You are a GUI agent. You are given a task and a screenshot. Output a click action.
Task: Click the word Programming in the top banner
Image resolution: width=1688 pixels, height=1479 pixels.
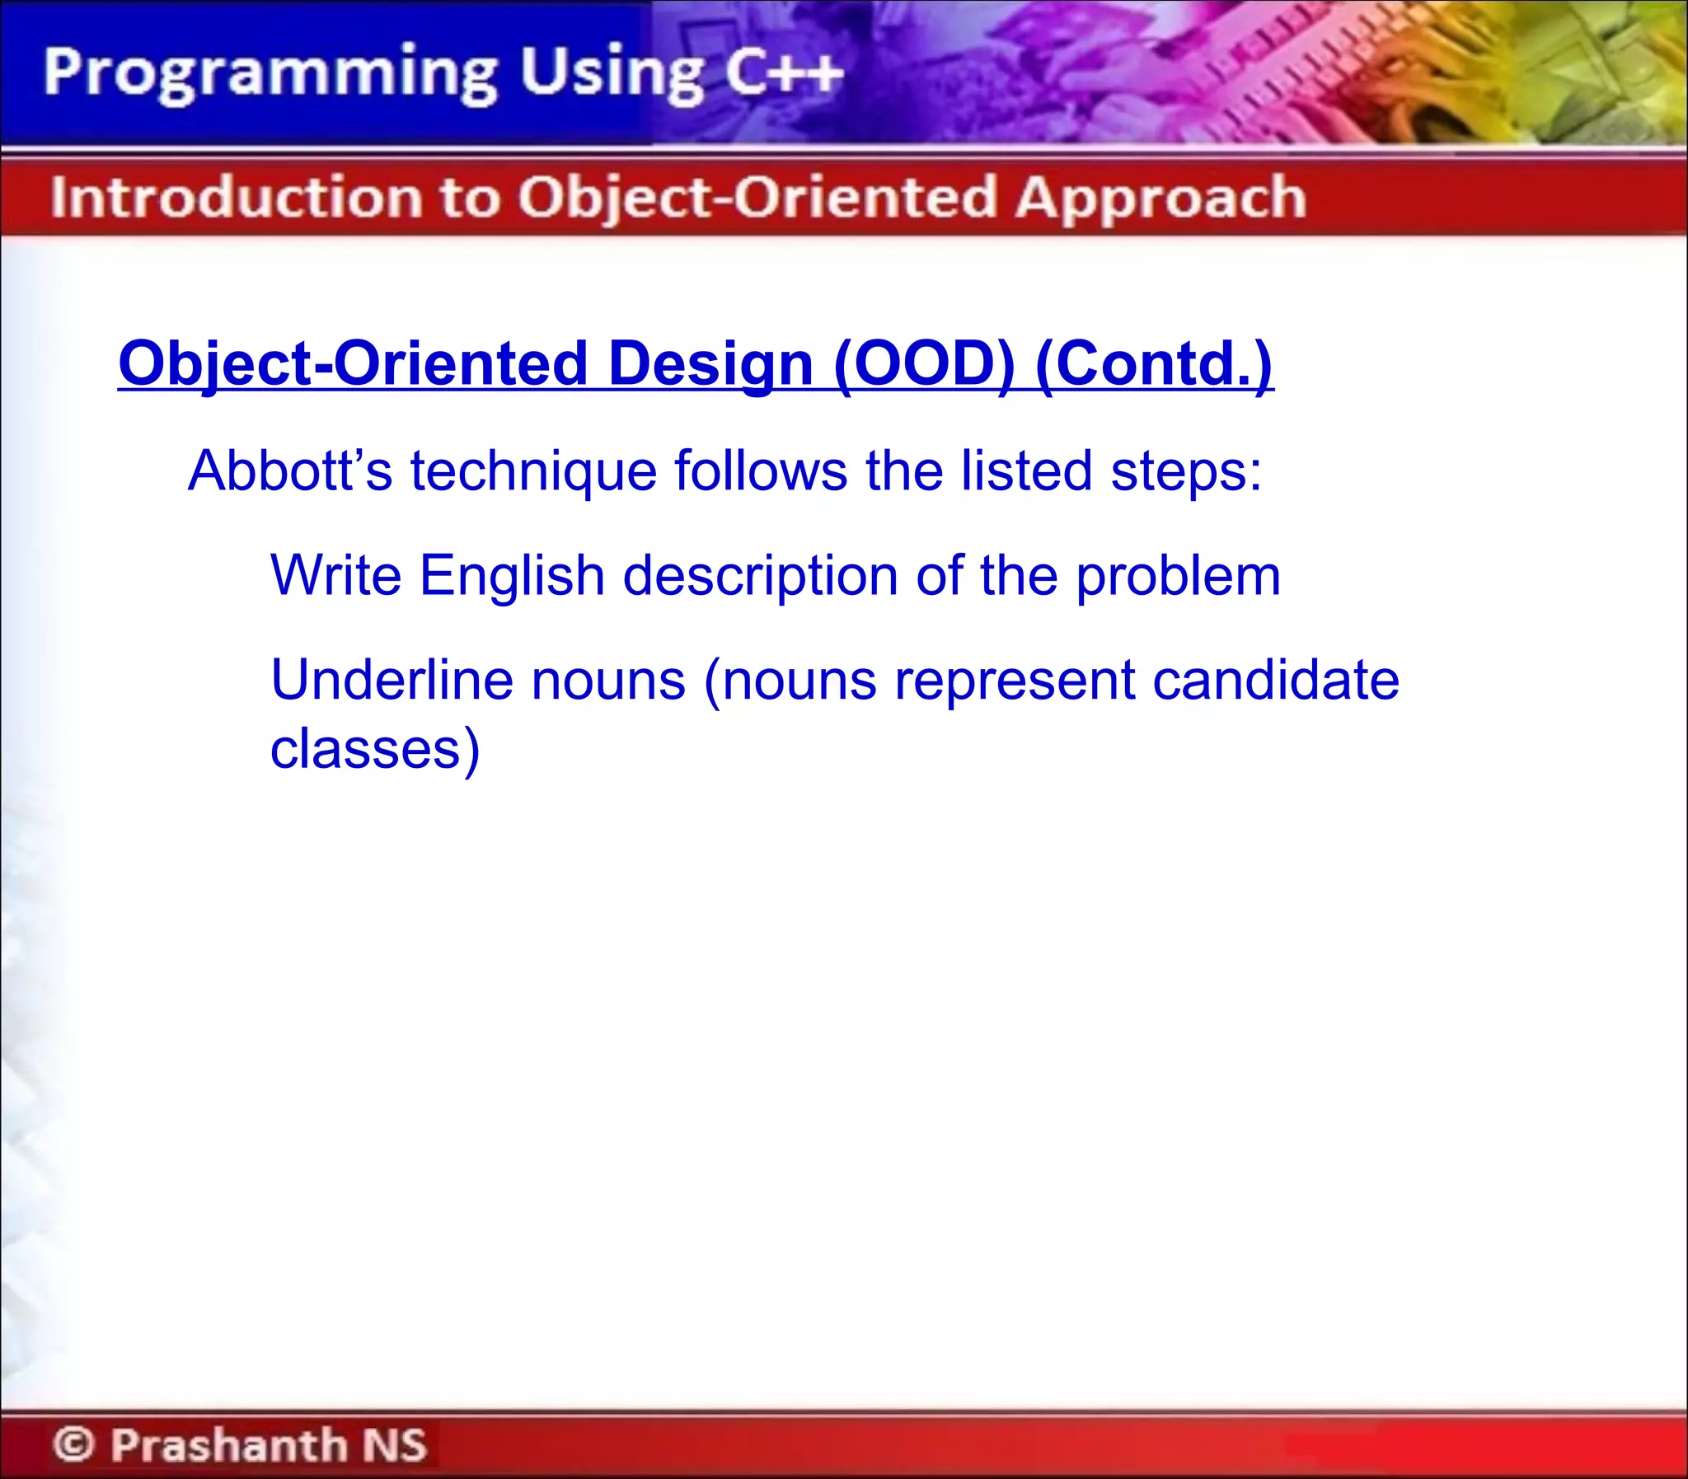(x=269, y=74)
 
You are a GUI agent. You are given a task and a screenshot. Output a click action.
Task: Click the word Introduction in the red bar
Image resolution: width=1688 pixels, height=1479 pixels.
(x=236, y=198)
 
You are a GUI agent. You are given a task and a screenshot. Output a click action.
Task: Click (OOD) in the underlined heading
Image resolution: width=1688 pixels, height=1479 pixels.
(x=924, y=364)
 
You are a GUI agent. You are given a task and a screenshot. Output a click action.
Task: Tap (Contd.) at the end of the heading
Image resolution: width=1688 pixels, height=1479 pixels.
(x=1154, y=364)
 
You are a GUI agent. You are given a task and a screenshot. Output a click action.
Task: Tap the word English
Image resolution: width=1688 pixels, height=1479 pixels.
(x=512, y=575)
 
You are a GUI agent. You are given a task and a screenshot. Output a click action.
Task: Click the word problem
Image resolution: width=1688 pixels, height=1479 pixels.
(x=1178, y=575)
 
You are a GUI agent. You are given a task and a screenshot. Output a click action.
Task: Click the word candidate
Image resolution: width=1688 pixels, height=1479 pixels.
(x=1275, y=680)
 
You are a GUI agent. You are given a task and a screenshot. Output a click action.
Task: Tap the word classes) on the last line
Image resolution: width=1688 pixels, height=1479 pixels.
(x=375, y=750)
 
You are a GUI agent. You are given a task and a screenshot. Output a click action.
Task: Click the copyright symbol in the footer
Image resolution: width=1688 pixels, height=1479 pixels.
(x=74, y=1444)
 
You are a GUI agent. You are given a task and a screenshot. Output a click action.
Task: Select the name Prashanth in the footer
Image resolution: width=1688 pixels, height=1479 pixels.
(x=229, y=1444)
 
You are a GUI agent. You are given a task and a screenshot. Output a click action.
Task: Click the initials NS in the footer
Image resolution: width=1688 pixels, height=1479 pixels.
(x=395, y=1444)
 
